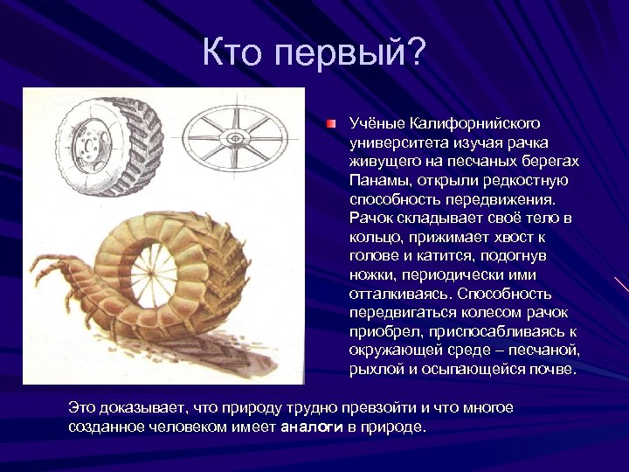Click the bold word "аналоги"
click(x=310, y=427)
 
